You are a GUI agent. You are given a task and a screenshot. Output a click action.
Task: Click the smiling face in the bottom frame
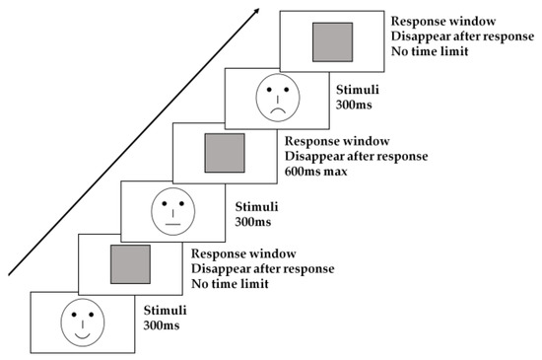click(81, 322)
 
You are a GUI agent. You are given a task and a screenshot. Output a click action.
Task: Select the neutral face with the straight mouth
click(173, 209)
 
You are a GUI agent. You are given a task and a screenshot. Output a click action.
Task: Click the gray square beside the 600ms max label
click(224, 153)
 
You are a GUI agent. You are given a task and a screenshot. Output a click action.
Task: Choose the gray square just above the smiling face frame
click(129, 265)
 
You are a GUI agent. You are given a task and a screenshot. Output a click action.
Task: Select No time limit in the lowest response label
click(231, 285)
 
